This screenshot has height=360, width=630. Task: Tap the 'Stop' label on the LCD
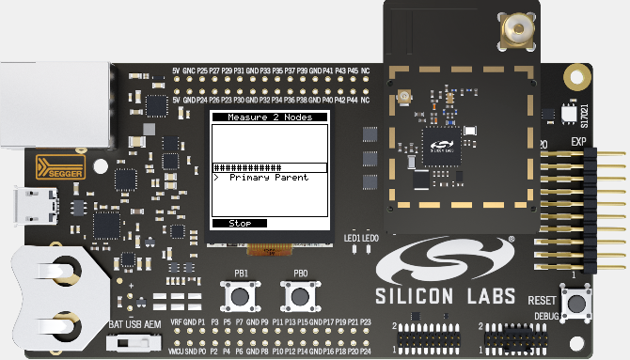pyautogui.click(x=241, y=224)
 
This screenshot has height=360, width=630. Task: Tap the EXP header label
pyautogui.click(x=578, y=142)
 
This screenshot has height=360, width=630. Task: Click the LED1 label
pyautogui.click(x=353, y=237)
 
